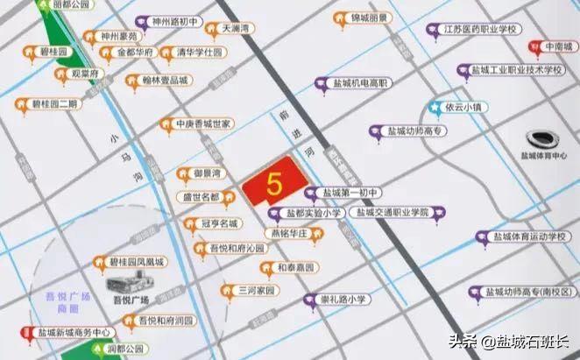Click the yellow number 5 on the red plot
[273, 185]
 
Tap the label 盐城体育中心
[543, 157]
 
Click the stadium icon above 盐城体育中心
[541, 138]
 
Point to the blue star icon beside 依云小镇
[435, 108]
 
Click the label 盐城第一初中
[349, 193]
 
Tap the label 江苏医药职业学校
[482, 30]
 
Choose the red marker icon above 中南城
[533, 46]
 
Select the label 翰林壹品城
[164, 81]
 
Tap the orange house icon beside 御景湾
[182, 173]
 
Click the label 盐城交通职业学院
[391, 213]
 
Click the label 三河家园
[258, 290]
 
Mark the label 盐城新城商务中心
[75, 333]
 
